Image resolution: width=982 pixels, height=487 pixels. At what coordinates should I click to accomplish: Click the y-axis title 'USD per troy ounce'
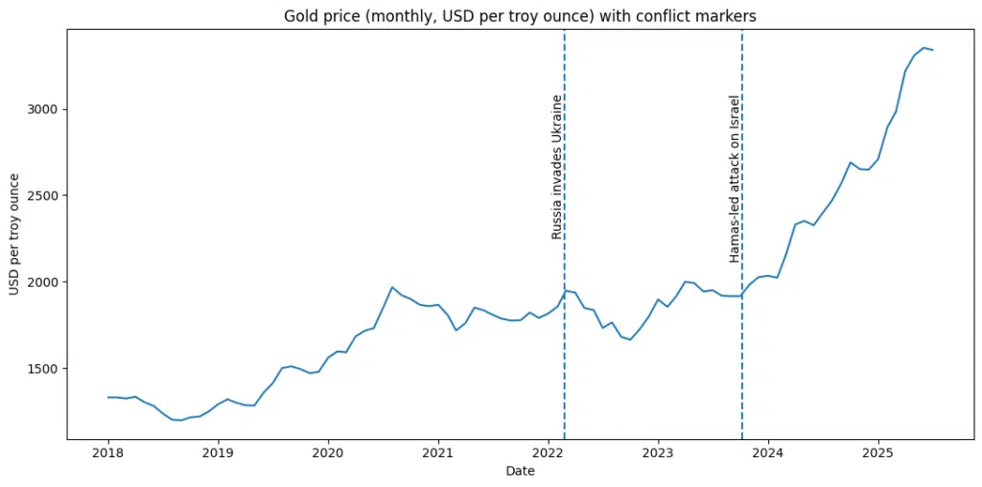(x=14, y=234)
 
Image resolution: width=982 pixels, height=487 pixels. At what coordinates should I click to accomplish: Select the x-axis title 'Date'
(x=521, y=472)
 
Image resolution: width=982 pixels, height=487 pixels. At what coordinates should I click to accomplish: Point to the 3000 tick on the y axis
(x=44, y=109)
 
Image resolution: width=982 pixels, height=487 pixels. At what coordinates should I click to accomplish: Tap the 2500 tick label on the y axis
(x=44, y=196)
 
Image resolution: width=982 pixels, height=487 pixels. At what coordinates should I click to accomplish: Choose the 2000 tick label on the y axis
(x=44, y=282)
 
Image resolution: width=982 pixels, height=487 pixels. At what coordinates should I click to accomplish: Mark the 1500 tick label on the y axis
(x=44, y=368)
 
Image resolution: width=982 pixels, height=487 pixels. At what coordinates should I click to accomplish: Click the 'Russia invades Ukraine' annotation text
(x=556, y=167)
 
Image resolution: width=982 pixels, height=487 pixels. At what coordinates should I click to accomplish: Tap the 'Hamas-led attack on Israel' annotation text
(x=735, y=178)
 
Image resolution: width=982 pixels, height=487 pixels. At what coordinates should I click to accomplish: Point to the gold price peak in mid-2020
(x=392, y=287)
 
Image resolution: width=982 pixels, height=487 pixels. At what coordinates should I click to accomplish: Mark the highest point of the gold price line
(x=924, y=48)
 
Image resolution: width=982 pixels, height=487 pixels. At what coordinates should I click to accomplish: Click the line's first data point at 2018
(x=108, y=397)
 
